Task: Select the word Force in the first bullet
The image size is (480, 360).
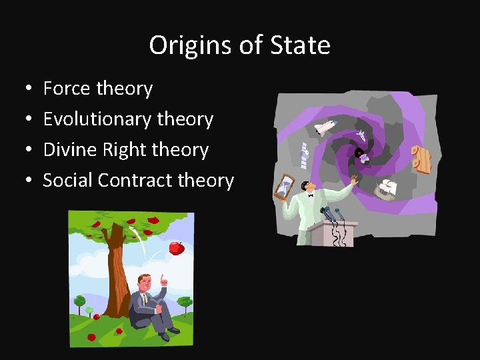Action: click(67, 88)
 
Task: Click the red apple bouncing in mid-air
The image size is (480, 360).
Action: click(177, 248)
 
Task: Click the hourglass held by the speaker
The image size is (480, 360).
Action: click(285, 187)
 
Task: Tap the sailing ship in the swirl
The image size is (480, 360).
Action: click(386, 189)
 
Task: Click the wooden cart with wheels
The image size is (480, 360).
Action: click(421, 159)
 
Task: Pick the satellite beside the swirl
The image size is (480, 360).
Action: click(304, 155)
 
